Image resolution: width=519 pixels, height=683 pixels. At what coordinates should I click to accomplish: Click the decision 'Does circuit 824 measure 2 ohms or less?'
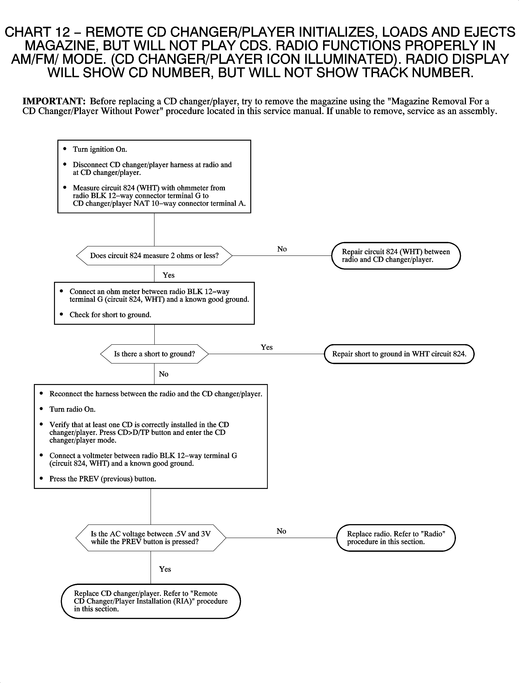coord(154,256)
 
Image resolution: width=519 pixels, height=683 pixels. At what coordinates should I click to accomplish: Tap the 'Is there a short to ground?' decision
coord(154,354)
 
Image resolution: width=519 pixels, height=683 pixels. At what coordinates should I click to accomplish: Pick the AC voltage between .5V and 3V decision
coord(151,538)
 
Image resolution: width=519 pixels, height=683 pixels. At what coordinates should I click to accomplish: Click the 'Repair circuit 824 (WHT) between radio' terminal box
coord(396,256)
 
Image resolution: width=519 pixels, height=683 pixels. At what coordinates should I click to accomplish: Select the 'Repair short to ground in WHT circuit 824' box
coord(399,354)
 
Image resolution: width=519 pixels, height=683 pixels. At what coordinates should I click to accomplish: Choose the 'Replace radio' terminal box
coord(396,538)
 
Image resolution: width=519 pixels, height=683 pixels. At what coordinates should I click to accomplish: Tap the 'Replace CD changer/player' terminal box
coord(151,601)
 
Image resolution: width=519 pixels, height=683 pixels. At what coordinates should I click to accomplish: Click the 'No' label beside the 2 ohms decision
coord(282,249)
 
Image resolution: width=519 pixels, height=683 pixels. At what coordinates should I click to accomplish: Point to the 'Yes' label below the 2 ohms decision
coord(168,275)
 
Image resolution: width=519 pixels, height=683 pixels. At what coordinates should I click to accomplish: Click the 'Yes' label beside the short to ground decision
coord(266,347)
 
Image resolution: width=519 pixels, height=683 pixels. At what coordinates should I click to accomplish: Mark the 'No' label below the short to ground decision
coord(163,374)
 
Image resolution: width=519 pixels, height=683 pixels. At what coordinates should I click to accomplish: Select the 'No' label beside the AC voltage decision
coord(281,531)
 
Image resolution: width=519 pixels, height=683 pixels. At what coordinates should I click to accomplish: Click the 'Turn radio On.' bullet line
coord(72,409)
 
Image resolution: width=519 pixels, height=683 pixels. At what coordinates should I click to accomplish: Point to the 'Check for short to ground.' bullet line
coord(110,315)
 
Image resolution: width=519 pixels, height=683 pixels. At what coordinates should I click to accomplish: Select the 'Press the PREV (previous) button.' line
coord(103,479)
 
